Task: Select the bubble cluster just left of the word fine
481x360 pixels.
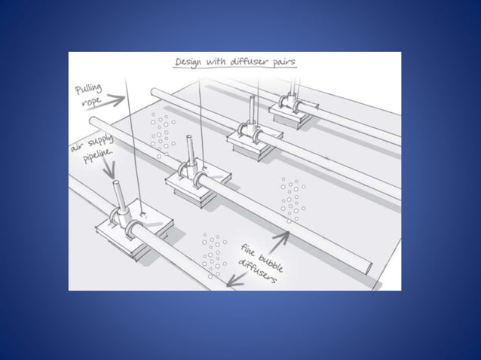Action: pos(213,252)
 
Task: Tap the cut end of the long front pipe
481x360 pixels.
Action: pos(369,265)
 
